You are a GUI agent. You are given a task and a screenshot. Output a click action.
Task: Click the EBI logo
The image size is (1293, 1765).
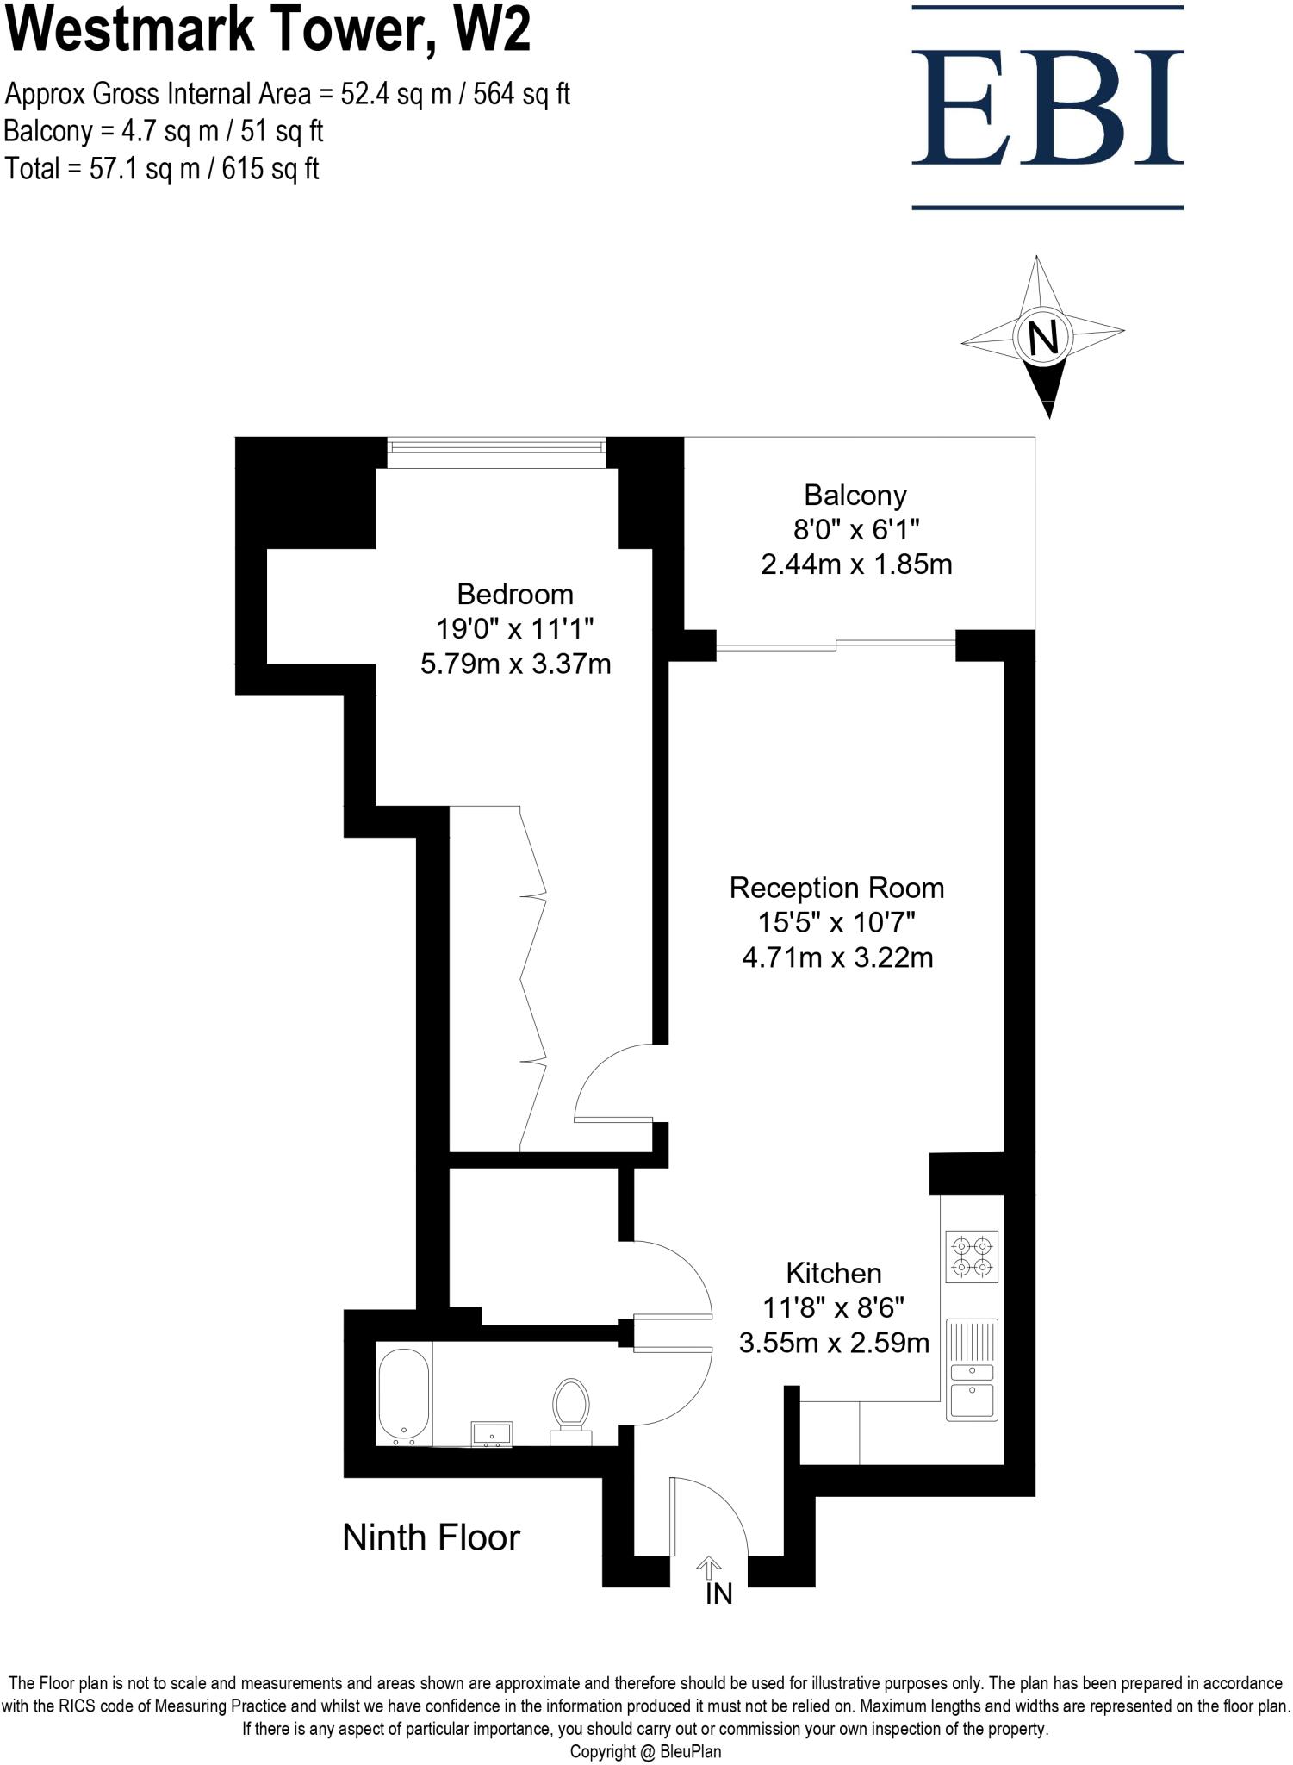pyautogui.click(x=1047, y=108)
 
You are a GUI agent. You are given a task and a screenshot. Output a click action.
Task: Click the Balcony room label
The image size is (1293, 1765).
pyautogui.click(x=855, y=496)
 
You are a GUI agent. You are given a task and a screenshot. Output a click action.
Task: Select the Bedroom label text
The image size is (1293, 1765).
pyautogui.click(x=515, y=595)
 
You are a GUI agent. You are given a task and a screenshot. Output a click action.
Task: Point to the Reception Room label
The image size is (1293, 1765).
pyautogui.click(x=836, y=889)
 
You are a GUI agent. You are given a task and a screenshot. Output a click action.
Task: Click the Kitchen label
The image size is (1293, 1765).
pyautogui.click(x=833, y=1274)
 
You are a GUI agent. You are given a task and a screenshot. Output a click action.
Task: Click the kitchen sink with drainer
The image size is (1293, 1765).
pyautogui.click(x=972, y=1369)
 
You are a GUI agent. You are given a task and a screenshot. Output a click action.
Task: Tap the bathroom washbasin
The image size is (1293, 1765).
pyautogui.click(x=491, y=1434)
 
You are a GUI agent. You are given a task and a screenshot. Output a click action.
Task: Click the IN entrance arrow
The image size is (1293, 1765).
pyautogui.click(x=709, y=1567)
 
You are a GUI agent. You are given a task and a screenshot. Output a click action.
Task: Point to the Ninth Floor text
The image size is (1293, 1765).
pyautogui.click(x=432, y=1537)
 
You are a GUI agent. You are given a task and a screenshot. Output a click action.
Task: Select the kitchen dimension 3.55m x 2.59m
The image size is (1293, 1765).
pyautogui.click(x=834, y=1343)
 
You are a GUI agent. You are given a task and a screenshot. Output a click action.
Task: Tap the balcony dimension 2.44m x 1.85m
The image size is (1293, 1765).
pyautogui.click(x=856, y=564)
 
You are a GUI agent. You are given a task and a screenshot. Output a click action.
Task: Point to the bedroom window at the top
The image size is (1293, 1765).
pyautogui.click(x=495, y=448)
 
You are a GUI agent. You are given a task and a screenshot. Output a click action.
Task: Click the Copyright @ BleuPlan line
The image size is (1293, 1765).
pyautogui.click(x=645, y=1751)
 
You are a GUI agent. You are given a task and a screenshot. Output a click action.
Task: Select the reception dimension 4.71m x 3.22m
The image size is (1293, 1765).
pyautogui.click(x=837, y=957)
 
